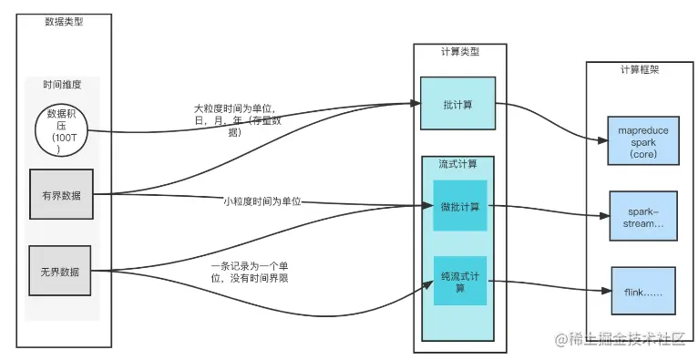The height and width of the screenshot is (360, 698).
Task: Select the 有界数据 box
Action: (61, 194)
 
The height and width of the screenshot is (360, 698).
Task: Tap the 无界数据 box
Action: (61, 271)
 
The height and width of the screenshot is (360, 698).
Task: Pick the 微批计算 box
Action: (460, 206)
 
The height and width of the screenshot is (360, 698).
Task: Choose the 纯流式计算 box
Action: (460, 282)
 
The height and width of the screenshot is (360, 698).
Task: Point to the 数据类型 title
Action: (63, 22)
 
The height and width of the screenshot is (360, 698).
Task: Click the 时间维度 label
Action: (62, 85)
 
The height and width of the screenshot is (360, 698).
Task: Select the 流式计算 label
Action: (458, 164)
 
